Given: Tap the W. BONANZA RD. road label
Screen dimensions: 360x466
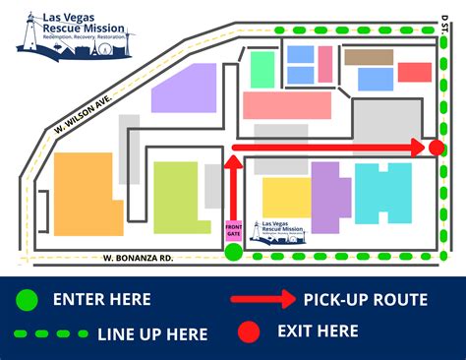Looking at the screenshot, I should pos(139,258).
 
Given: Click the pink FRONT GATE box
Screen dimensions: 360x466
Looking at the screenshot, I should pos(233,227).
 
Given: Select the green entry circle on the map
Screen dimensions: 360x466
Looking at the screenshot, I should pos(233,254).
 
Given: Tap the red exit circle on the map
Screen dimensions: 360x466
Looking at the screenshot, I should pos(437,149).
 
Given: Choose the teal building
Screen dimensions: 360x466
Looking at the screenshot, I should pos(382,194).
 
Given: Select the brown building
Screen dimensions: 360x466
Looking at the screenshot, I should pos(369,58).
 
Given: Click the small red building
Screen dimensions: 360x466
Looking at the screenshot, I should pos(415,72).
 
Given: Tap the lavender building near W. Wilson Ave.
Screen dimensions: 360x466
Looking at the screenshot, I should pos(184,88).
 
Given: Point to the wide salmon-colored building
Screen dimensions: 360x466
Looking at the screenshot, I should pos(286,105).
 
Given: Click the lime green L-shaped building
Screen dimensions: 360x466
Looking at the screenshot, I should pos(176,198).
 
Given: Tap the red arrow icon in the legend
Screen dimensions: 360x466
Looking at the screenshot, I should pos(262,299).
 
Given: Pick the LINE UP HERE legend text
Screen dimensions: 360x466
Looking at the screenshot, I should pos(152,333).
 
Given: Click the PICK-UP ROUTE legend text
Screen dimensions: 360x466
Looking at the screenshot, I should pos(365,299).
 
